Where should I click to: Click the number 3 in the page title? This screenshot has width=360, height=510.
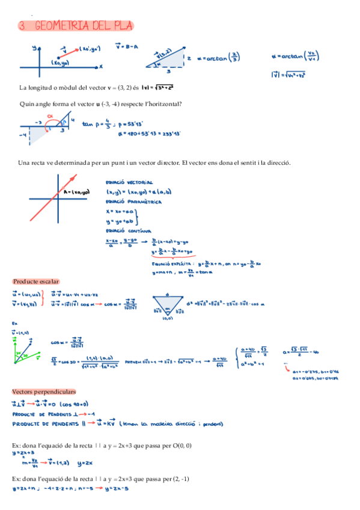pyautogui.click(x=22, y=25)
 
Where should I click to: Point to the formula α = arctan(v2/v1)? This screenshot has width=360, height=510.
pyautogui.click(x=296, y=58)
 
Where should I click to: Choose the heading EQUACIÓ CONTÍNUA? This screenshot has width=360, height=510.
pyautogui.click(x=128, y=231)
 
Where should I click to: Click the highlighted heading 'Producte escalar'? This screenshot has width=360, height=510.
pyautogui.click(x=35, y=281)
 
